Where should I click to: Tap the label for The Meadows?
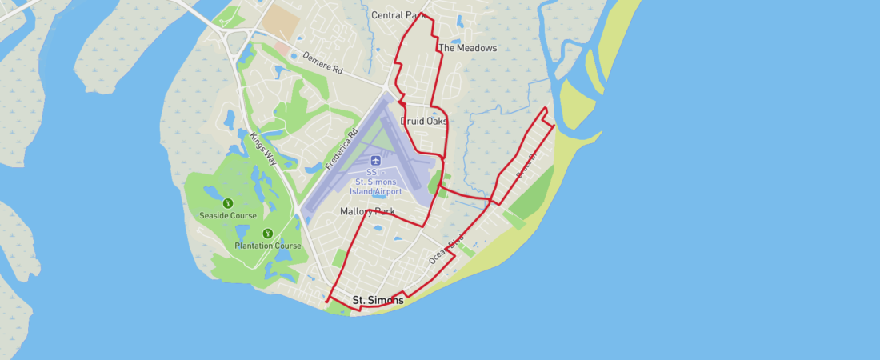coord(468,48)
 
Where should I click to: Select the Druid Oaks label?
coord(423,122)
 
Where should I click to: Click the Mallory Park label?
coord(367,212)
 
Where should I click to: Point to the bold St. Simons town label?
coord(378,301)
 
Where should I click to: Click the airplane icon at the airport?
coord(376,160)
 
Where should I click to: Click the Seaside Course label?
coord(229,216)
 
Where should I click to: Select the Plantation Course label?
coord(268,246)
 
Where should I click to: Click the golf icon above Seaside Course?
coord(227,203)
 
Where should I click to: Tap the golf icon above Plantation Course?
coord(267,234)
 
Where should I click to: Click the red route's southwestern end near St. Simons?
coord(327,302)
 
